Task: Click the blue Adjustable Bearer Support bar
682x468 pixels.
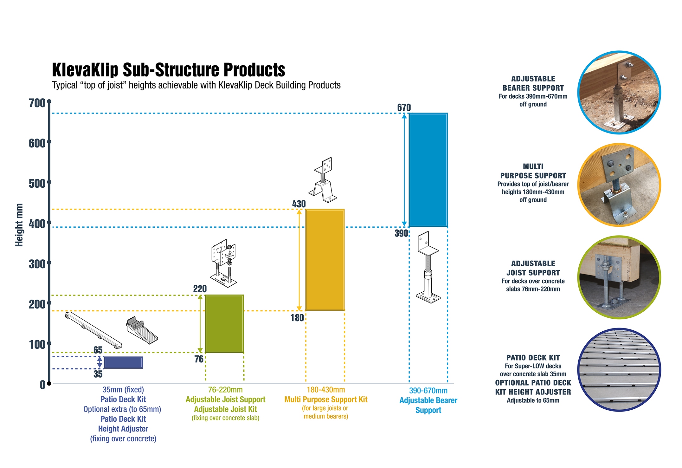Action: point(428,170)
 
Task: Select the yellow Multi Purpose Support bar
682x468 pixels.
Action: point(325,260)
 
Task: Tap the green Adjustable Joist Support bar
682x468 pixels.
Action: point(224,324)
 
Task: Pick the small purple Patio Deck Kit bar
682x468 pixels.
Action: point(123,362)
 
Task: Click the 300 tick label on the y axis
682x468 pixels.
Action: point(37,264)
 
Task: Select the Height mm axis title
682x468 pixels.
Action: point(19,225)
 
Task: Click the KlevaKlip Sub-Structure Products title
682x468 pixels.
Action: point(168,70)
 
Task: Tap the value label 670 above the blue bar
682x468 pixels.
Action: point(404,107)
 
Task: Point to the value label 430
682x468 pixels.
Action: point(299,204)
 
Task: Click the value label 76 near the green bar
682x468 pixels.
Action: point(199,359)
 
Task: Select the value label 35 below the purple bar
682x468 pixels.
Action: point(98,374)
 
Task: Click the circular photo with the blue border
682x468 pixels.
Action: point(619,93)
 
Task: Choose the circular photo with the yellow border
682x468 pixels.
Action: point(619,185)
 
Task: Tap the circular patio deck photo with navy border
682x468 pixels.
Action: point(619,370)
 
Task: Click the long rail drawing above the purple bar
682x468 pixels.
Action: point(93,330)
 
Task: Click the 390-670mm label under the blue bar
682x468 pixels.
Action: point(428,391)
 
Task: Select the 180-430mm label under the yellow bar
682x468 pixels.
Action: point(326,390)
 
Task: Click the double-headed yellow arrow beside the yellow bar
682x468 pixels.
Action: point(299,260)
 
